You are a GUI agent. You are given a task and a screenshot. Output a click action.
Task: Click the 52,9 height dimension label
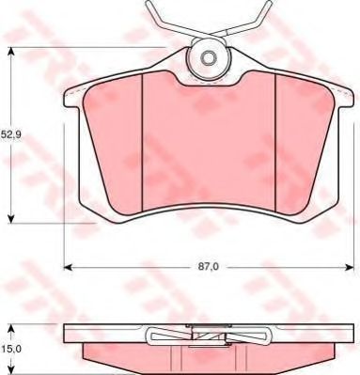point(10,134)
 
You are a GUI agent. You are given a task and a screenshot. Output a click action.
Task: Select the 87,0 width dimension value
point(208,267)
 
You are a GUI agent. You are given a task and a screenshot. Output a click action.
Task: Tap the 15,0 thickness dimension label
point(10,349)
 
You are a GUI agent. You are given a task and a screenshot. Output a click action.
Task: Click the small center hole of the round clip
point(208,58)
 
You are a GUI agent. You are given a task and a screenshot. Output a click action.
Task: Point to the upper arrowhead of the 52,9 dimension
point(11,52)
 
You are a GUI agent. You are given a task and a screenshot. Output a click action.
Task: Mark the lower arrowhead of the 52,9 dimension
point(11,219)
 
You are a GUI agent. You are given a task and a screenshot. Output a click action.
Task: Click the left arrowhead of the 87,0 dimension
point(69,267)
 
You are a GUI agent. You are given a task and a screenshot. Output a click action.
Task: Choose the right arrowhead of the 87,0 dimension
point(350,267)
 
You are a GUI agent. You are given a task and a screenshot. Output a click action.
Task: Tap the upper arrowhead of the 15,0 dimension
point(11,329)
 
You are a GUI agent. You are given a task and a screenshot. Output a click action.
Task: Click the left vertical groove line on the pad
point(142,142)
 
